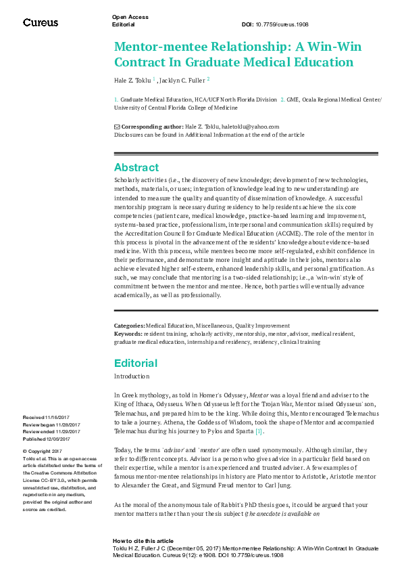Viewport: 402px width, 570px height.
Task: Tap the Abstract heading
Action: pyautogui.click(x=136, y=167)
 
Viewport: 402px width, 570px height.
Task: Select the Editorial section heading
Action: pyautogui.click(x=136, y=363)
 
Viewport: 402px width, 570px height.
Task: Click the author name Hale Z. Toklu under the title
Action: pyautogui.click(x=132, y=80)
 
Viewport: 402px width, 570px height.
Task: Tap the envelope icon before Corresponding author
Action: pyautogui.click(x=116, y=127)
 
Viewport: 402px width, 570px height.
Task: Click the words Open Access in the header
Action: pyautogui.click(x=130, y=17)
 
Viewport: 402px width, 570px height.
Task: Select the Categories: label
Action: pyautogui.click(x=129, y=326)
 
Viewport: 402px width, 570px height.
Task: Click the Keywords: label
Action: pyautogui.click(x=128, y=334)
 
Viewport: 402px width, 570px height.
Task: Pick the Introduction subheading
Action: pyautogui.click(x=132, y=376)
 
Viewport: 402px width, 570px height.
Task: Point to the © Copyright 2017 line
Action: pyautogui.click(x=43, y=432)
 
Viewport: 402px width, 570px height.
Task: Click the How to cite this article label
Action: pyautogui.click(x=143, y=541)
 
